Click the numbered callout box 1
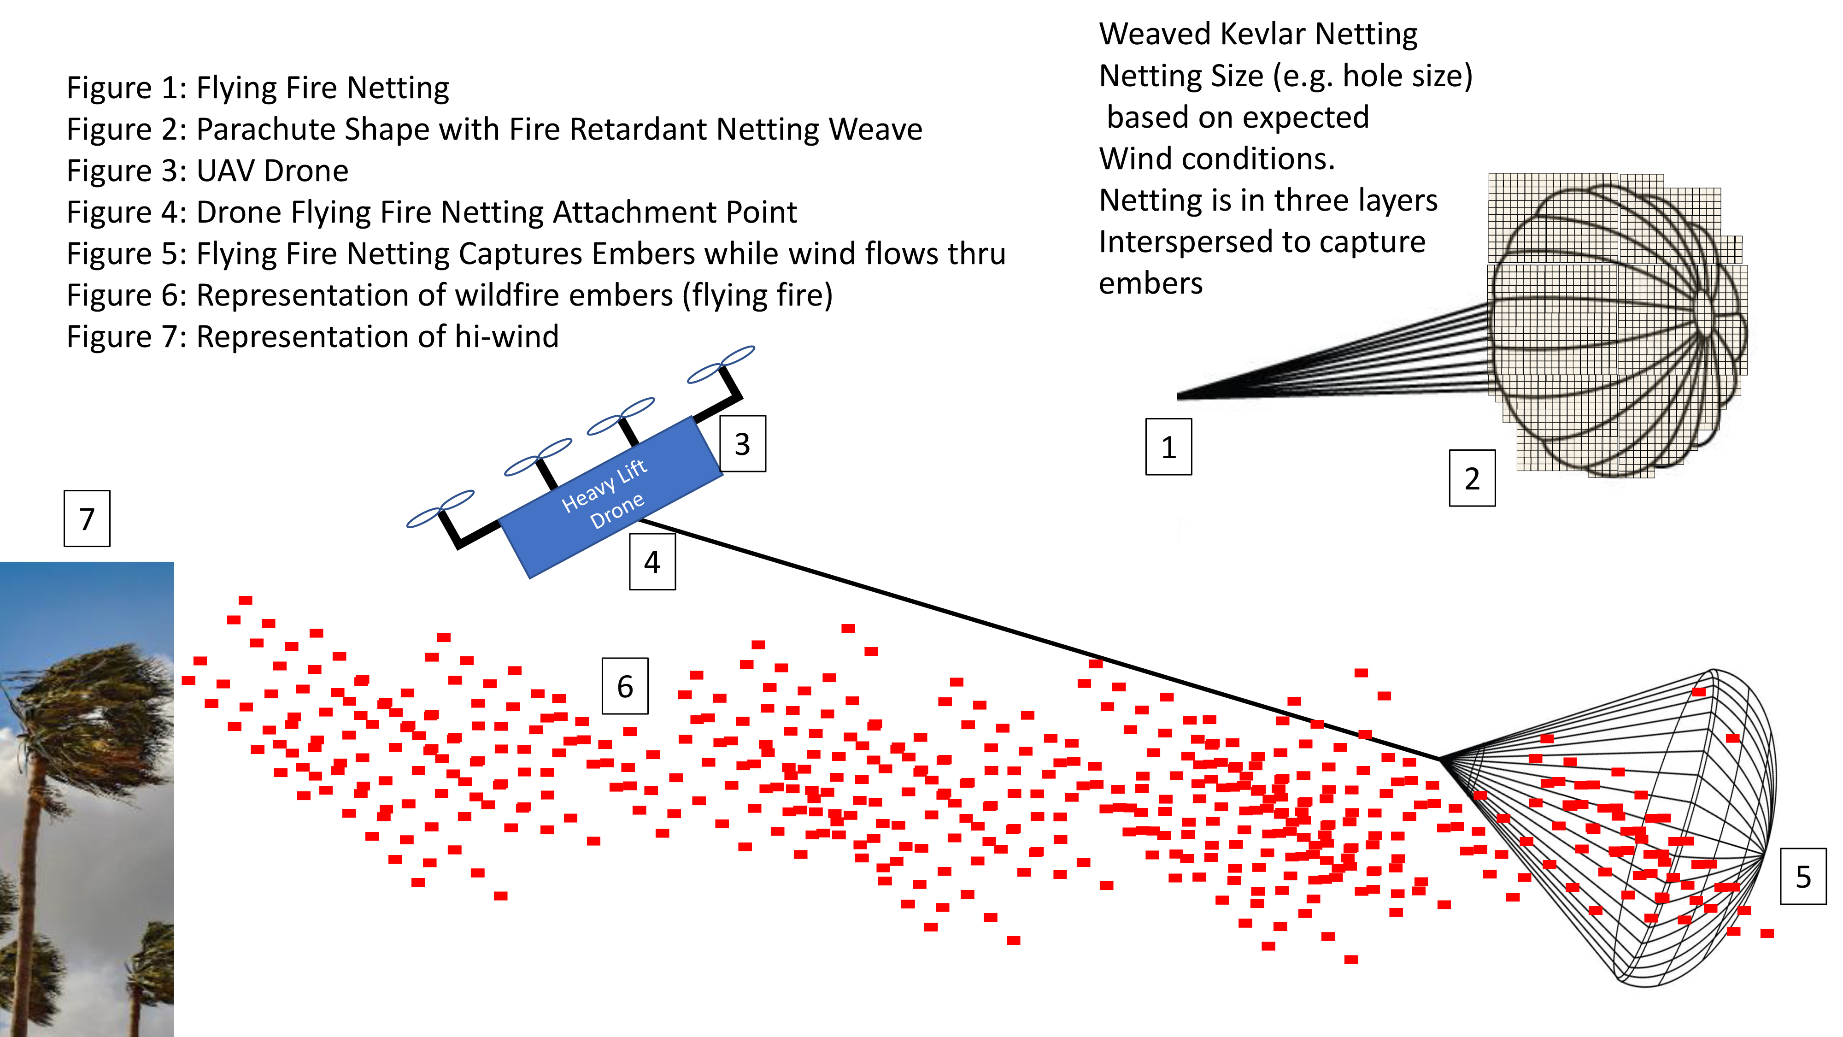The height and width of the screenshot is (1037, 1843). (1168, 447)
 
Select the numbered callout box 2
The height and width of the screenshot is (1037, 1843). (1472, 478)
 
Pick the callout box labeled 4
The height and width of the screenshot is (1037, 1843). (652, 562)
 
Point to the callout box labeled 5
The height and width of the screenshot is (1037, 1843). (1803, 876)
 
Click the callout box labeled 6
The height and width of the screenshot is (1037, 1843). (625, 686)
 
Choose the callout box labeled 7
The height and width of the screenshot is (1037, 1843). (87, 518)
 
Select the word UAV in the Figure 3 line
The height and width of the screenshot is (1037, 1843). (225, 171)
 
